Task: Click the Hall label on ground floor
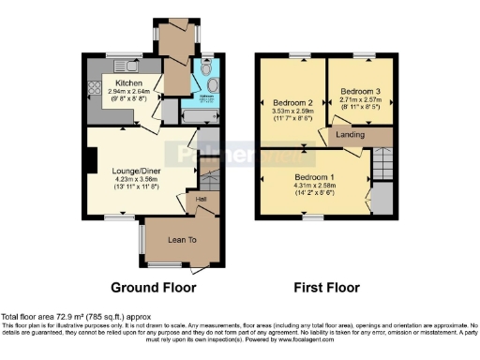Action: (201, 199)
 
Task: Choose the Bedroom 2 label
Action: (292, 102)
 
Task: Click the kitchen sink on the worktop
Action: (125, 67)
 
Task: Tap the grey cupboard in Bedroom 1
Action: (382, 199)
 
